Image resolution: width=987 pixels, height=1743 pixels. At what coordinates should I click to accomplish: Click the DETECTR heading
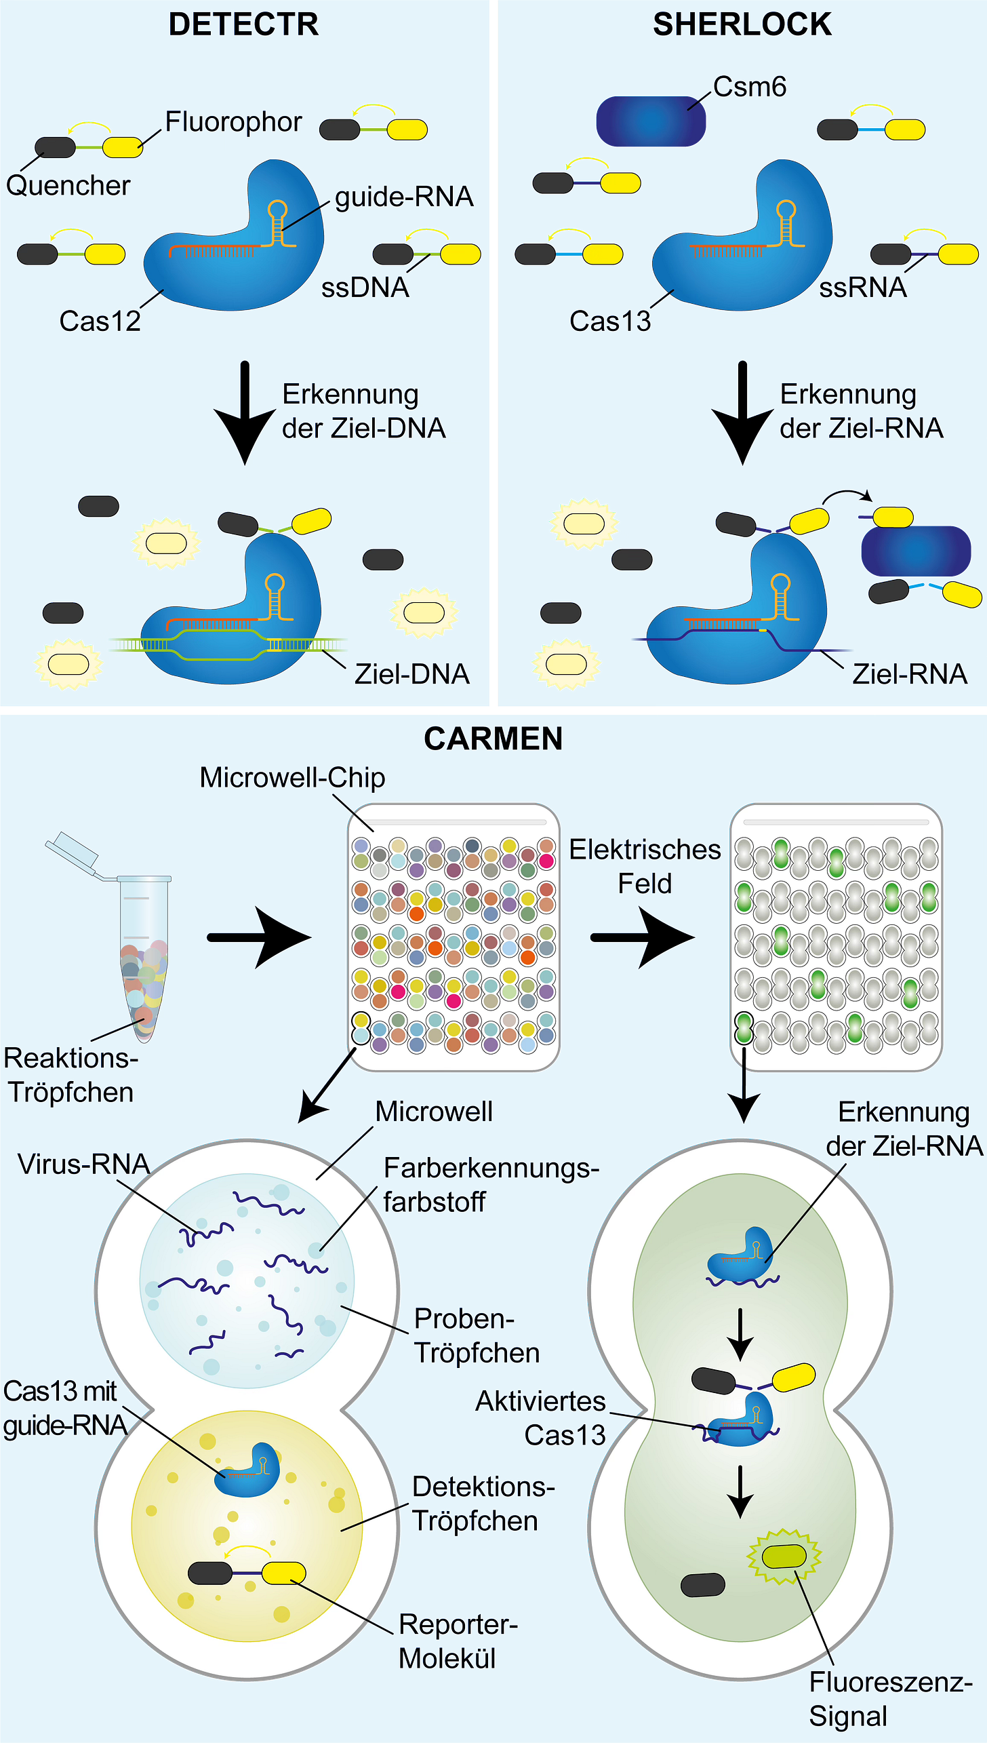click(x=243, y=25)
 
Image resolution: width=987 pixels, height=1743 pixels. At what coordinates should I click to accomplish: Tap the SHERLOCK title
click(x=742, y=25)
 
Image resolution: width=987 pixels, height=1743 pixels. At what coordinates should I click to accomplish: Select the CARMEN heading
click(x=493, y=739)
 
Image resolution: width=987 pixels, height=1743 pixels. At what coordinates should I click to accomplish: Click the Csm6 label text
click(x=750, y=87)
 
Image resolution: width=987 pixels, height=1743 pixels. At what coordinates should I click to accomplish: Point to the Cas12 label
click(x=100, y=321)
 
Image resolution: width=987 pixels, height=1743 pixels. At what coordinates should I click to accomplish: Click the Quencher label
click(x=68, y=185)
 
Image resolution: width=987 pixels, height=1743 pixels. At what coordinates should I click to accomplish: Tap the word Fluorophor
click(x=233, y=122)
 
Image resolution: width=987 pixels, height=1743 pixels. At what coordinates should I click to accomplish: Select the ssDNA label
click(x=365, y=288)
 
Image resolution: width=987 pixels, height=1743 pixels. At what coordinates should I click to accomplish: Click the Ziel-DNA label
click(x=412, y=674)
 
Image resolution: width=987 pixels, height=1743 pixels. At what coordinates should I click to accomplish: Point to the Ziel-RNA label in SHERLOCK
click(x=909, y=674)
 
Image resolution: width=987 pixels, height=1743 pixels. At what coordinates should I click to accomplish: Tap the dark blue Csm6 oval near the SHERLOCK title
click(x=651, y=121)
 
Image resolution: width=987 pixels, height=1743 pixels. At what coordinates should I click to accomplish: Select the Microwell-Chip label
click(x=292, y=778)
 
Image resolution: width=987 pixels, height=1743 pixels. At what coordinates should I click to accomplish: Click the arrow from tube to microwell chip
click(x=260, y=938)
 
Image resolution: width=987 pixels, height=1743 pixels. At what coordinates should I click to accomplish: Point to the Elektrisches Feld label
click(x=645, y=866)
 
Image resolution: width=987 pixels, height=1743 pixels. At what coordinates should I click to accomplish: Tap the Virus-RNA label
click(x=83, y=1164)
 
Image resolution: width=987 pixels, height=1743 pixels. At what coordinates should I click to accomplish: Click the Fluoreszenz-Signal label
click(x=890, y=1700)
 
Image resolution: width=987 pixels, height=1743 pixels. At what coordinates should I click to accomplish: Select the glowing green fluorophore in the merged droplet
click(x=784, y=1556)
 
